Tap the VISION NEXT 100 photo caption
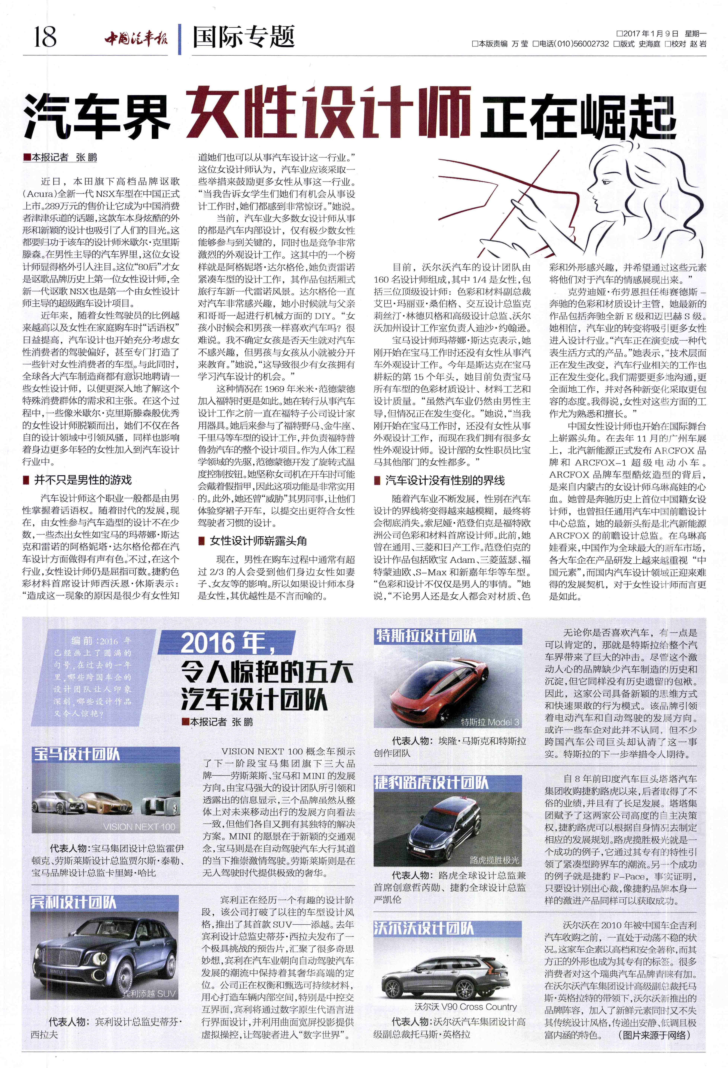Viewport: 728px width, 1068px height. tap(139, 827)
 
